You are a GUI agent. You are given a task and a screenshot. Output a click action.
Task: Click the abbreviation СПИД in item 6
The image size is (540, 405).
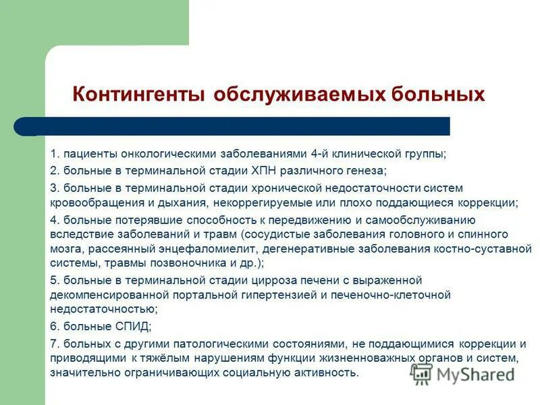[129, 326]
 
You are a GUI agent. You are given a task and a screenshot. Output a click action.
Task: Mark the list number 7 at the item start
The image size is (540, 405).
[54, 342]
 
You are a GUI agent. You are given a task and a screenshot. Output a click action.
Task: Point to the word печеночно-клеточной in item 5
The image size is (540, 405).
[402, 295]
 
